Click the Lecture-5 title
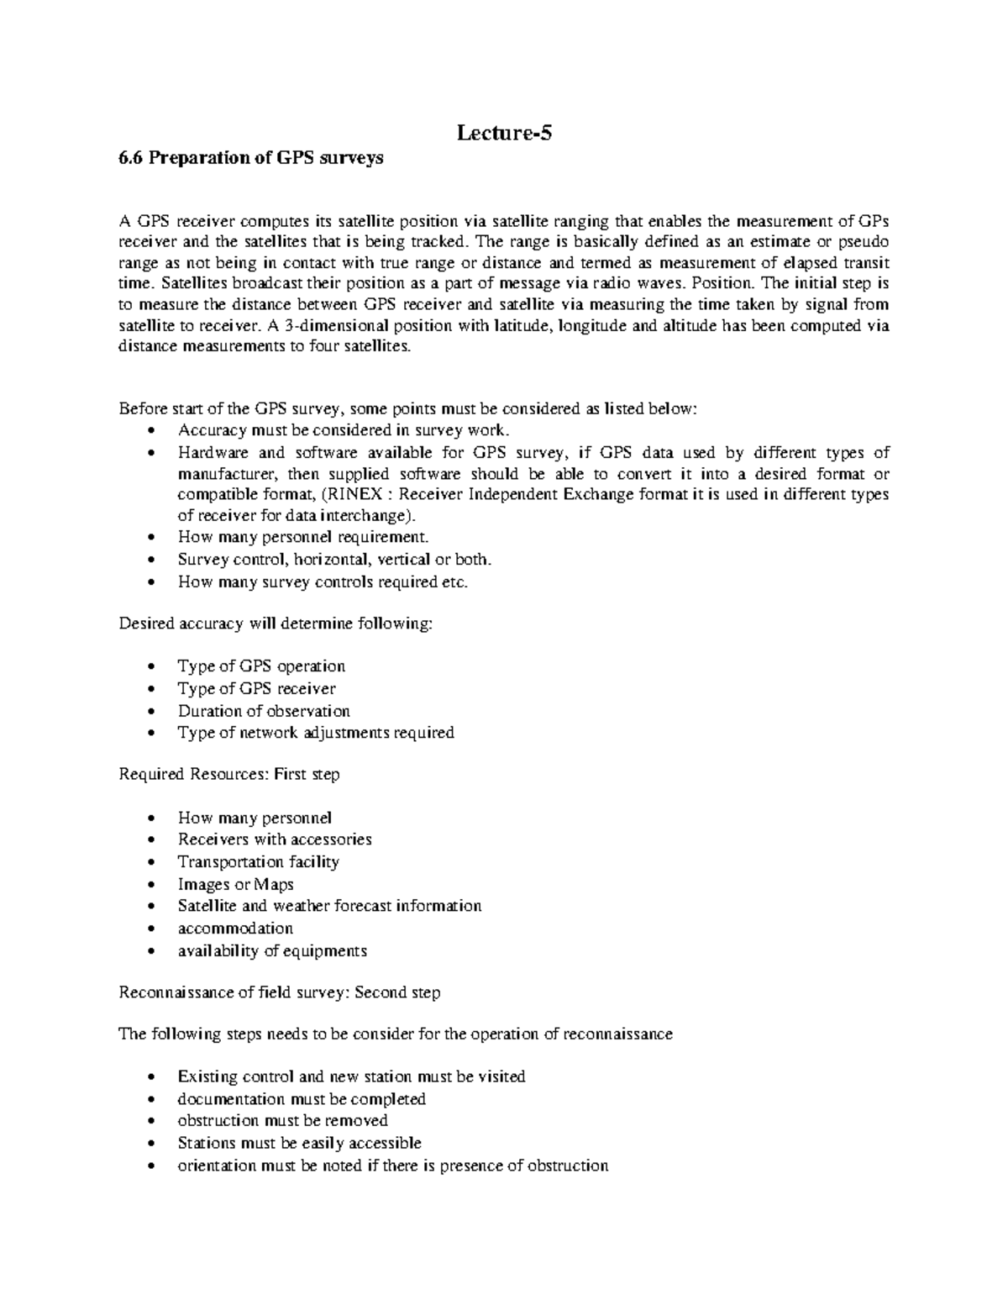tap(504, 133)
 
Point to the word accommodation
tap(235, 929)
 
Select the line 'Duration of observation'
tap(264, 711)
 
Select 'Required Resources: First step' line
tap(229, 775)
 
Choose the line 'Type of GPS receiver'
tap(256, 689)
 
